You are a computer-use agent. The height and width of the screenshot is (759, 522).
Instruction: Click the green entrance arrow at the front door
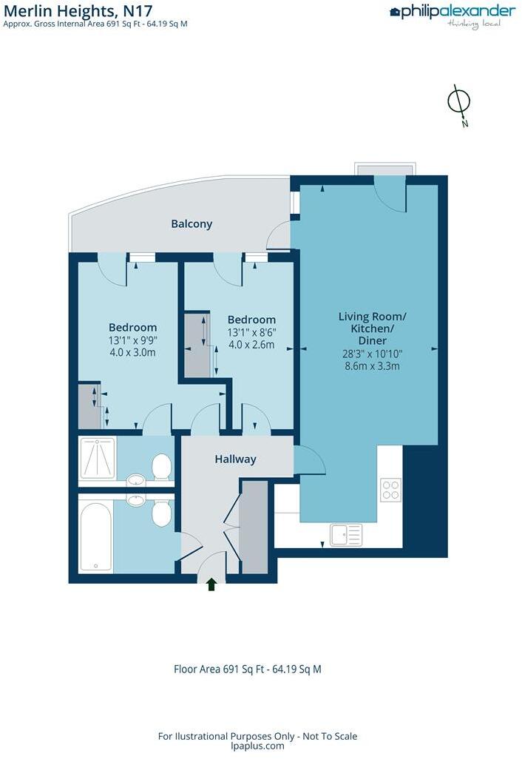[211, 584]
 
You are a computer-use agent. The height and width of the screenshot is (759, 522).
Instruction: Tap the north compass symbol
[459, 103]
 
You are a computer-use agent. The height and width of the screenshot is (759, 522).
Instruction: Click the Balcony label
[191, 223]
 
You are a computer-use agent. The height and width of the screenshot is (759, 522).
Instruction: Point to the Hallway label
[235, 459]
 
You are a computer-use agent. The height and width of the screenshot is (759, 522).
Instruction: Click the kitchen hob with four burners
[390, 490]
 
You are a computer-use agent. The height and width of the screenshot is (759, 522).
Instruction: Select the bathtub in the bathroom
[96, 537]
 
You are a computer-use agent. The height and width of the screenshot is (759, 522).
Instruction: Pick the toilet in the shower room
[161, 466]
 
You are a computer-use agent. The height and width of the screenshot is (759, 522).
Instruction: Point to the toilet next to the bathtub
[161, 512]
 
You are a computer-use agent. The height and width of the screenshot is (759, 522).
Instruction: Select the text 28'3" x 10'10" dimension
[372, 354]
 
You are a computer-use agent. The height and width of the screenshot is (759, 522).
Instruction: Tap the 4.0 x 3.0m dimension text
[132, 353]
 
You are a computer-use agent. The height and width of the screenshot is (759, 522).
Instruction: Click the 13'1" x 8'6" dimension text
[251, 332]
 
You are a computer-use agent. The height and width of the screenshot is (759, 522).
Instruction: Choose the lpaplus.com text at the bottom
[257, 746]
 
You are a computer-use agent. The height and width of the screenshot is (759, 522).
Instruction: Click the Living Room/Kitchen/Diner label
[372, 328]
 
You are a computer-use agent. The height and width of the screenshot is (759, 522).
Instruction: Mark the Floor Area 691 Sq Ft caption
[247, 669]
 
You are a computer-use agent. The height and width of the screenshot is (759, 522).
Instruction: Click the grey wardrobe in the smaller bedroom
[197, 345]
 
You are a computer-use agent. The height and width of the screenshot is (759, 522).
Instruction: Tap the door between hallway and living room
[309, 462]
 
